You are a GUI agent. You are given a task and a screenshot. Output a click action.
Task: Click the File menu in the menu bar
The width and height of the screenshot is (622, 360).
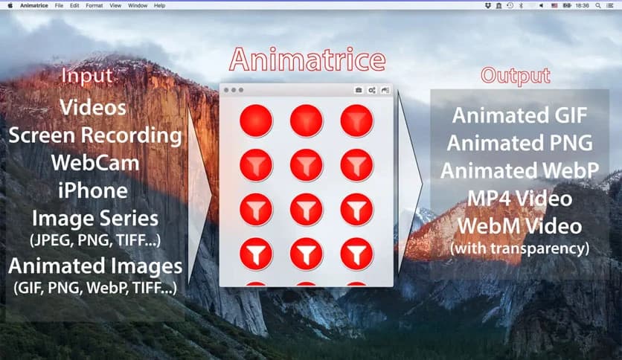pyautogui.click(x=59, y=5)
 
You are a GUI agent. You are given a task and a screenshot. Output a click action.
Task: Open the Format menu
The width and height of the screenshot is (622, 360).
pyautogui.click(x=94, y=5)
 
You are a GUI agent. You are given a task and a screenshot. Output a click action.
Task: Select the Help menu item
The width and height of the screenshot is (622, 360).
pyautogui.click(x=160, y=5)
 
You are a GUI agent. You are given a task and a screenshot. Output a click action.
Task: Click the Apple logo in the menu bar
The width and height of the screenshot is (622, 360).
pyautogui.click(x=10, y=5)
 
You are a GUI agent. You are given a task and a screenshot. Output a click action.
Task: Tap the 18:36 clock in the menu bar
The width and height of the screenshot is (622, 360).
pyautogui.click(x=582, y=5)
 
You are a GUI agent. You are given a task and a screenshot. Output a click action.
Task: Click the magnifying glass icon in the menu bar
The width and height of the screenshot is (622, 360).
pyautogui.click(x=599, y=5)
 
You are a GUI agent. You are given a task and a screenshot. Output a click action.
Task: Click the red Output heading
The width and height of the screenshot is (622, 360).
pyautogui.click(x=515, y=76)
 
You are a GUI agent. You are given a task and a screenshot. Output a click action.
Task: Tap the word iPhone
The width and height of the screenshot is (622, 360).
pyautogui.click(x=93, y=190)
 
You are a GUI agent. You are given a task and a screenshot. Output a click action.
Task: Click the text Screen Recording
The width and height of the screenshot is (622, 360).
pyautogui.click(x=95, y=135)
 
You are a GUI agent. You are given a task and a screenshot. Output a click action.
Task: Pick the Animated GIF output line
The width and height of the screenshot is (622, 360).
pyautogui.click(x=519, y=115)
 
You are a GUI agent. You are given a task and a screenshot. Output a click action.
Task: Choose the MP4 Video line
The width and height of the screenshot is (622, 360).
pyautogui.click(x=519, y=199)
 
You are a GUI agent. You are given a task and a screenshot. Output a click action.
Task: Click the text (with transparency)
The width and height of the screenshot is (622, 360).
pyautogui.click(x=520, y=247)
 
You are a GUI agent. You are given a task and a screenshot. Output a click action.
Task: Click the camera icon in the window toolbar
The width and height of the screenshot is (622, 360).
pyautogui.click(x=358, y=90)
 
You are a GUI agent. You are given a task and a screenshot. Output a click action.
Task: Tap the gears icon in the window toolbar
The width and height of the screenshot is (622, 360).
pyautogui.click(x=371, y=90)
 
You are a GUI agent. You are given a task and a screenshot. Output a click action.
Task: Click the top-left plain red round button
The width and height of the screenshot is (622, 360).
pyautogui.click(x=256, y=120)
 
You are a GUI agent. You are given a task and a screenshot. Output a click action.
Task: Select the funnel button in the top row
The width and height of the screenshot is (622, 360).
pyautogui.click(x=356, y=120)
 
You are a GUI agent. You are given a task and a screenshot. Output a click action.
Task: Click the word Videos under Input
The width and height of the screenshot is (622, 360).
pyautogui.click(x=93, y=107)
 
